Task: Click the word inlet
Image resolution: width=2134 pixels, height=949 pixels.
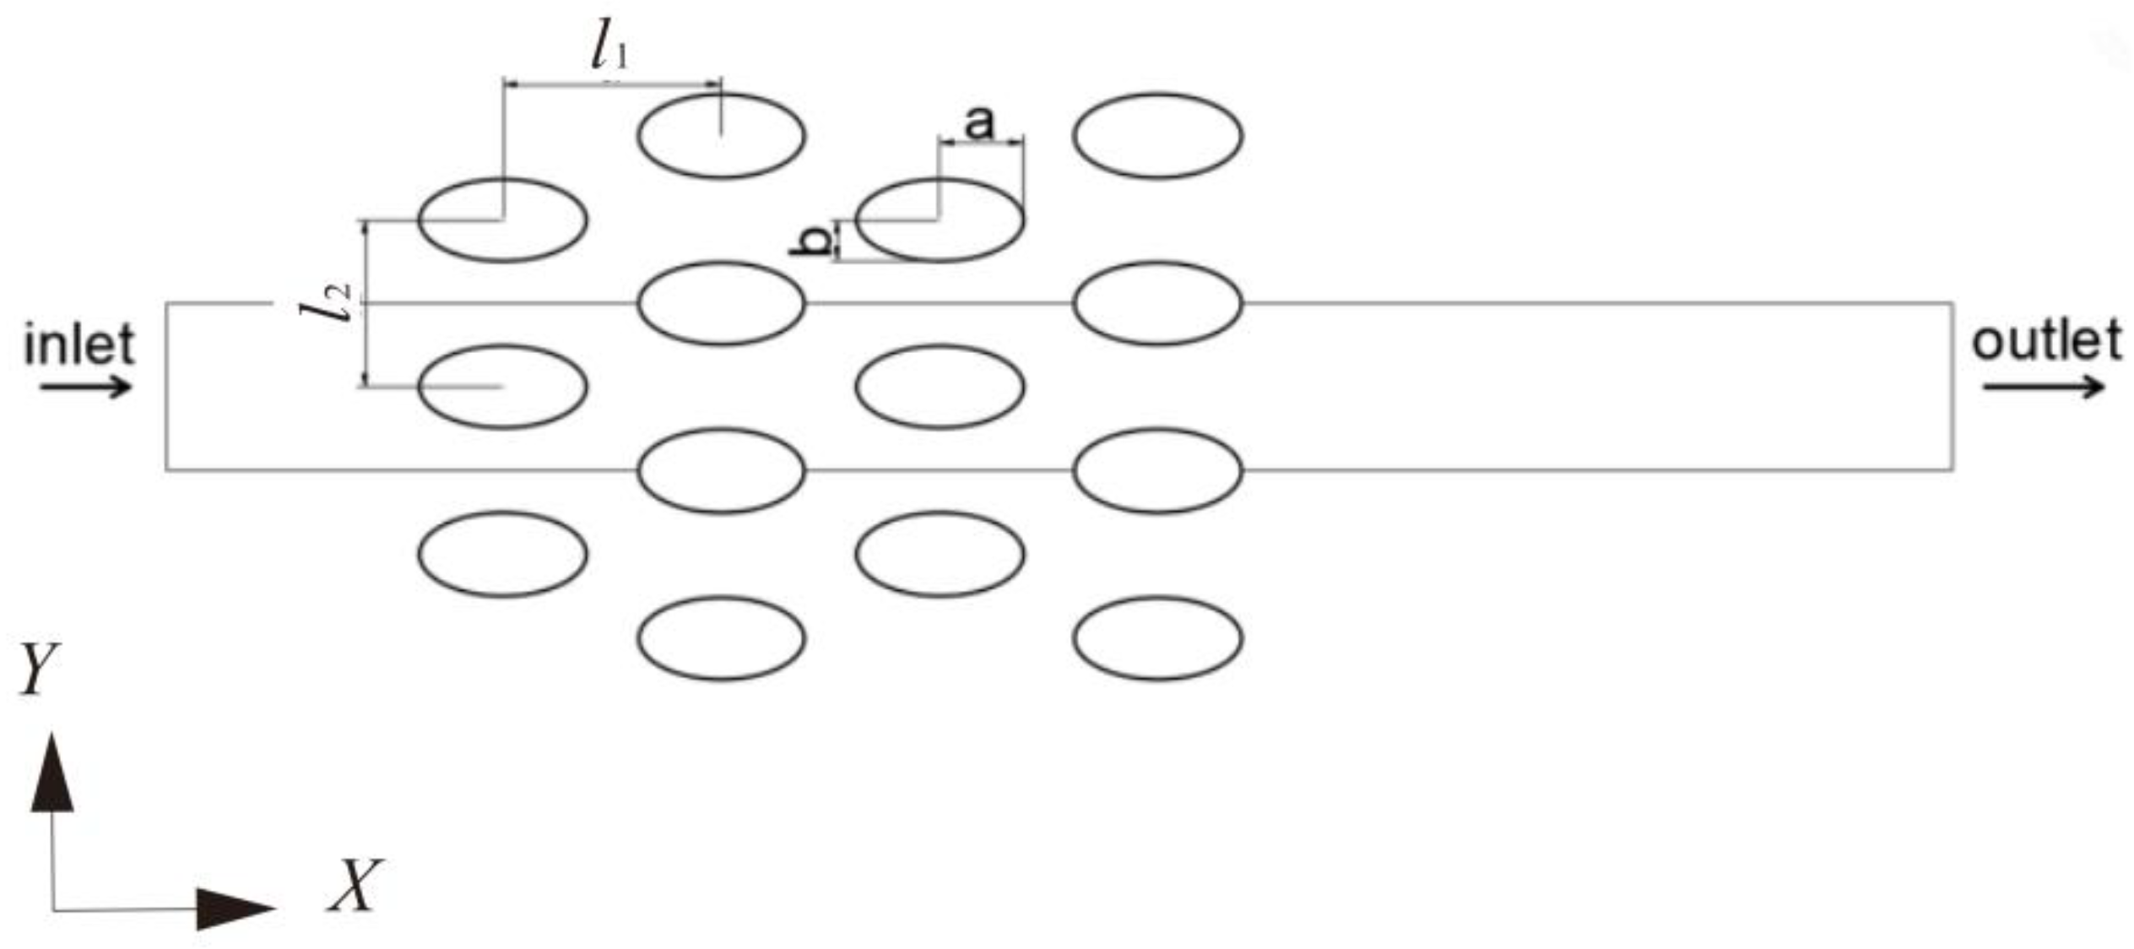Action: click(79, 344)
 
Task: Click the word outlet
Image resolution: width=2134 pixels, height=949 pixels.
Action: click(2045, 341)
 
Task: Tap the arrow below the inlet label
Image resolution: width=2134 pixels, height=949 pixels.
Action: click(87, 388)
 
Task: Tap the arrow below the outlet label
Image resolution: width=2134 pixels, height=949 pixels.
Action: click(2044, 388)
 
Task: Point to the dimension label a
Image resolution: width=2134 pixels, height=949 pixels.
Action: click(979, 122)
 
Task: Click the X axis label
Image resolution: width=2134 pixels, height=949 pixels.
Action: click(355, 887)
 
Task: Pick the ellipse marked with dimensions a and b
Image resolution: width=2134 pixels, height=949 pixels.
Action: click(940, 220)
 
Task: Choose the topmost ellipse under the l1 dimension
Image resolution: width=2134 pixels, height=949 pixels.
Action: click(721, 136)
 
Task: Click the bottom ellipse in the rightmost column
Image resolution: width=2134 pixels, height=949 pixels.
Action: click(1157, 638)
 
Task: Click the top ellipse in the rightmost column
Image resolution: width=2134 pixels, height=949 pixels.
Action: click(1157, 136)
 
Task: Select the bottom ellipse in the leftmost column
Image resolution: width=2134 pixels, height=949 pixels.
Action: click(503, 554)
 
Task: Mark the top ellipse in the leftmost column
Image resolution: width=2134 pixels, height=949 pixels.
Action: click(503, 220)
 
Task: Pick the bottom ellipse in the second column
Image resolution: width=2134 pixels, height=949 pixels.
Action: click(721, 638)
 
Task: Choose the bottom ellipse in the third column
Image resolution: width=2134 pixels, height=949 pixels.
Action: click(940, 554)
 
